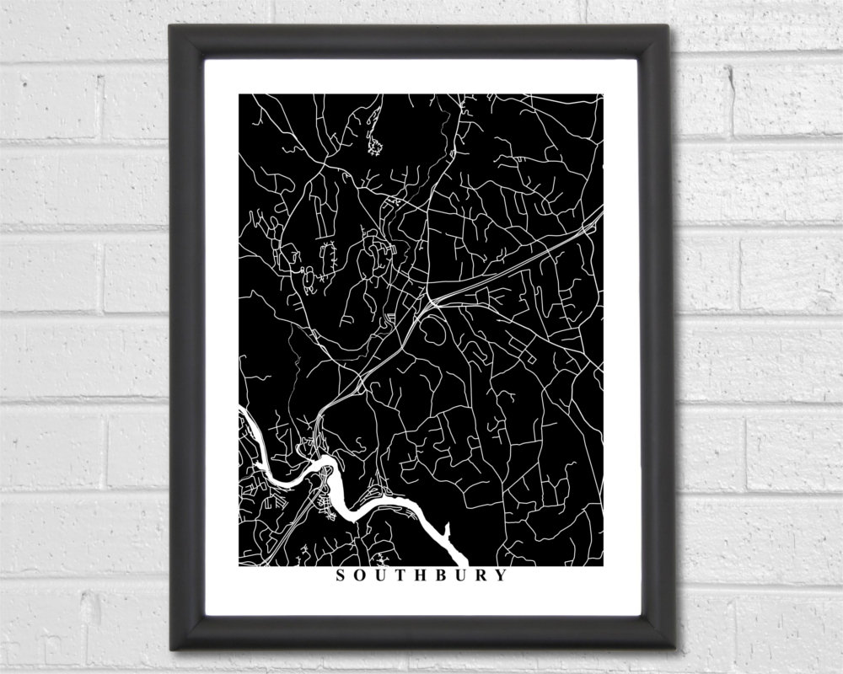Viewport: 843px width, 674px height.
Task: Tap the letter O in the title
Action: (x=362, y=576)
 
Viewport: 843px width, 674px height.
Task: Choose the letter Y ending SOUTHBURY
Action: (x=503, y=576)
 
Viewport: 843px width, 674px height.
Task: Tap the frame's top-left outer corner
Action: (x=169, y=24)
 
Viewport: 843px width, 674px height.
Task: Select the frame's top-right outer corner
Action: (x=668, y=24)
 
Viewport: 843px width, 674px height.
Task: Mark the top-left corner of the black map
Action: (x=239, y=94)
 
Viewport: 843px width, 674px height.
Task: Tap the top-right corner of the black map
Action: (x=604, y=94)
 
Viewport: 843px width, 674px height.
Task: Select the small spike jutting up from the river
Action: (x=447, y=527)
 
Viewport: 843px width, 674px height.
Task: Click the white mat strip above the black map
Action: (x=421, y=76)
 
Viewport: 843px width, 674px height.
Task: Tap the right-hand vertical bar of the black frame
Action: (x=654, y=337)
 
